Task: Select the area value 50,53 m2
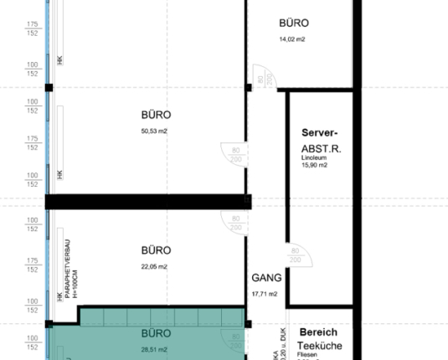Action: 155,131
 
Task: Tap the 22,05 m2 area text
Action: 155,266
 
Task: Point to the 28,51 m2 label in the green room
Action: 155,349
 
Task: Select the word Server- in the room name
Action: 319,133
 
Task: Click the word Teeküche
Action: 321,346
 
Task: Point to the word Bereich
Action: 317,332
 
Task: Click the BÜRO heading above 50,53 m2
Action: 156,116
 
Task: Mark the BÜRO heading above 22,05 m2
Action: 156,250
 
